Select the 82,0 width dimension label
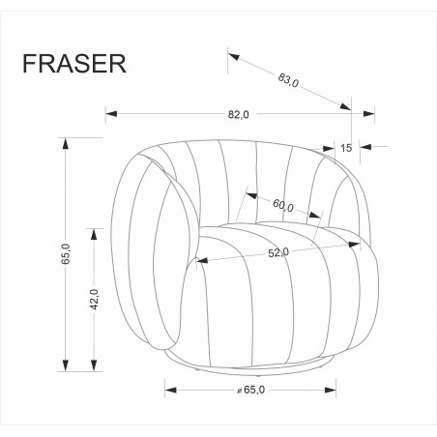tap(238, 114)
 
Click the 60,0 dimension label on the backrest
tap(282, 206)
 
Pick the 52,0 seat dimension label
tap(277, 251)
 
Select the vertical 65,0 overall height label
tap(66, 255)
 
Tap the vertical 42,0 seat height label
tap(93, 300)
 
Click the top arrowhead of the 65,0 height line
tap(66, 142)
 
